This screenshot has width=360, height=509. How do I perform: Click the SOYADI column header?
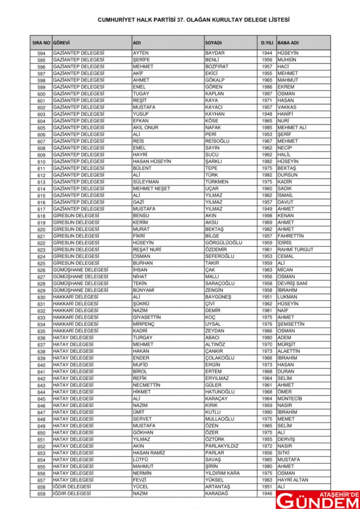pos(214,43)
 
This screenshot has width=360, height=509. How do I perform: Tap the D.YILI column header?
pos(267,43)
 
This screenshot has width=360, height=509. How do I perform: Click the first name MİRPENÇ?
pos(143,324)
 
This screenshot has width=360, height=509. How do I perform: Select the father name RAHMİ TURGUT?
pos(295,250)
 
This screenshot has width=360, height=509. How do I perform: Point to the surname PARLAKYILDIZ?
pos(222,446)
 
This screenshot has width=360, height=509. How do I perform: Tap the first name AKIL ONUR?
pos(146,128)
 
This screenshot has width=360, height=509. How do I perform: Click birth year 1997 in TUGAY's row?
pos(267,94)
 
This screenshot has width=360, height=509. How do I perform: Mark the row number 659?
pos(42,494)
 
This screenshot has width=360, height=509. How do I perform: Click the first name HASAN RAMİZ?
pos(149,453)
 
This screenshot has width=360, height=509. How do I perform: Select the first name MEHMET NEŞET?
pos(151,188)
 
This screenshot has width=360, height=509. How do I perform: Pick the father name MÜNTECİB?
pos(290,399)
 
